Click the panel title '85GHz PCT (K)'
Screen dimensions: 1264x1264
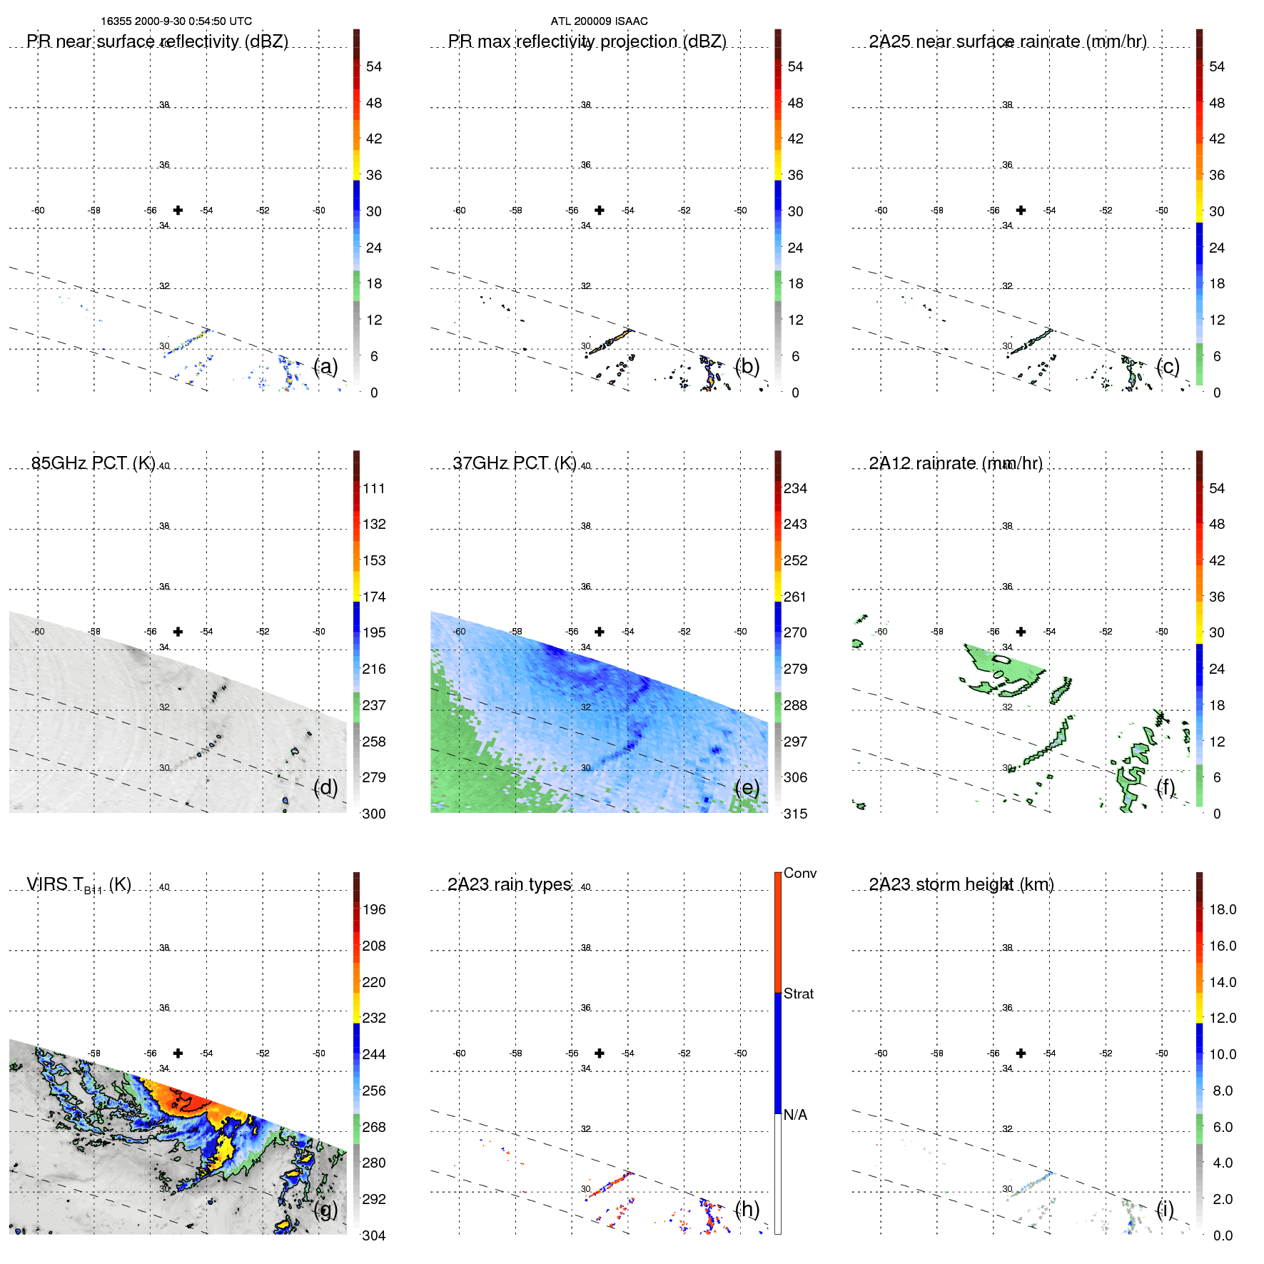point(93,463)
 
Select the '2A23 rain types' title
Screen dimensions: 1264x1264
point(509,884)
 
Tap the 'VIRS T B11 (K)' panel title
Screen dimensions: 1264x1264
point(79,885)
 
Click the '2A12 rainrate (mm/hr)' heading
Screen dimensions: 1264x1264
point(956,463)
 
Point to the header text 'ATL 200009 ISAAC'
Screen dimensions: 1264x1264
point(599,21)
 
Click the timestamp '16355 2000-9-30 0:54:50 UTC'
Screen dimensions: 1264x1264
point(176,21)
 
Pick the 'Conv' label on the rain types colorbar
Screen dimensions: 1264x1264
point(799,873)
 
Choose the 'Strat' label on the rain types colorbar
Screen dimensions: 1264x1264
point(798,993)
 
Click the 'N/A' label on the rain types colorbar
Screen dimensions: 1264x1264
point(795,1115)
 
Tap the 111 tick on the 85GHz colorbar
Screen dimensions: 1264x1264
point(374,488)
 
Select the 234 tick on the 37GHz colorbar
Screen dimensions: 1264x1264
point(795,488)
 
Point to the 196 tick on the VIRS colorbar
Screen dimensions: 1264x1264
point(374,909)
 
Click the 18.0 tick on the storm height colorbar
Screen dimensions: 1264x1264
point(1223,909)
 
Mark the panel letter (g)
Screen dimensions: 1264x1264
point(325,1209)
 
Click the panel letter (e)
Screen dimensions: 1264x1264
point(747,787)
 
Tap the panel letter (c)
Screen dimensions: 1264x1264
point(1168,366)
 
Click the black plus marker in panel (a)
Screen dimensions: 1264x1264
point(178,210)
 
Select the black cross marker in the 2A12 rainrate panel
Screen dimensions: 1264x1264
point(1021,632)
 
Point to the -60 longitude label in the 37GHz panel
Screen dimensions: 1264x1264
point(460,632)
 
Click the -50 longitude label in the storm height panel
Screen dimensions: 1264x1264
point(1162,1053)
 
